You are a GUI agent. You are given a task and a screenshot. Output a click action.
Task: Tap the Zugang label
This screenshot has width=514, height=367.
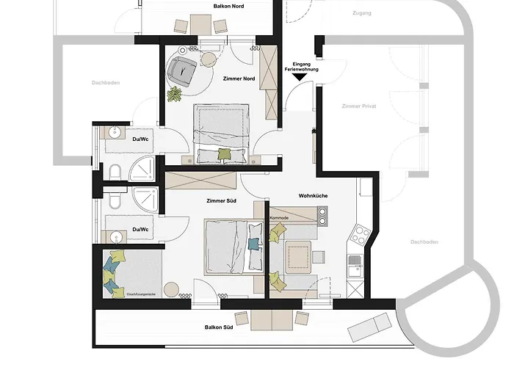[362, 13]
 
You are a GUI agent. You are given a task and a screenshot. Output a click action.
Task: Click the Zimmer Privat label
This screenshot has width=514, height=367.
[358, 106]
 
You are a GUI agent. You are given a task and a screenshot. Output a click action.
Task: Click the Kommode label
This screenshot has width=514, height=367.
[280, 218]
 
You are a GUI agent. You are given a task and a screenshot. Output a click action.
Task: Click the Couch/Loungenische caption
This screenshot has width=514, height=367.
[143, 294]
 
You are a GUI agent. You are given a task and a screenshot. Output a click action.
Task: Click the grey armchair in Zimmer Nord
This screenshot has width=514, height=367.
[180, 70]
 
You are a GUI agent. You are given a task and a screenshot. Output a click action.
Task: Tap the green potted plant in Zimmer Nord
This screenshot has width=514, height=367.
[175, 94]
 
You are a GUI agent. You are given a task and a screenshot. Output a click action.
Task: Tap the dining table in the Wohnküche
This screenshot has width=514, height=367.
[298, 256]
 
